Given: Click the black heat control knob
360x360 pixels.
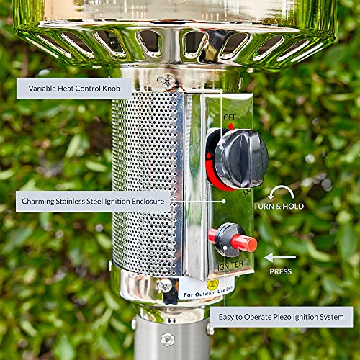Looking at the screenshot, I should click(x=240, y=158).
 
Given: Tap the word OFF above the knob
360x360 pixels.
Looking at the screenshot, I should click(x=230, y=117).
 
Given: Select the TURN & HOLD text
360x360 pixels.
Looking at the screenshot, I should click(x=279, y=207).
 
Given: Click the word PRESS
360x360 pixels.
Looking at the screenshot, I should click(x=281, y=272).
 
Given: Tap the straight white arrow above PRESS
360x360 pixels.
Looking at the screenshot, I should click(x=280, y=257).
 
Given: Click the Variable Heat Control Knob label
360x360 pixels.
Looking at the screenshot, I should click(x=73, y=88).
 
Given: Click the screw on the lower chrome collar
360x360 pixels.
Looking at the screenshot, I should click(x=166, y=286).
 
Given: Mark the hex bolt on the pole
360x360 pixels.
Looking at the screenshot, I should click(x=168, y=338).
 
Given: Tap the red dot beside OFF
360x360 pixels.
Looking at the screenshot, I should click(x=231, y=126).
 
